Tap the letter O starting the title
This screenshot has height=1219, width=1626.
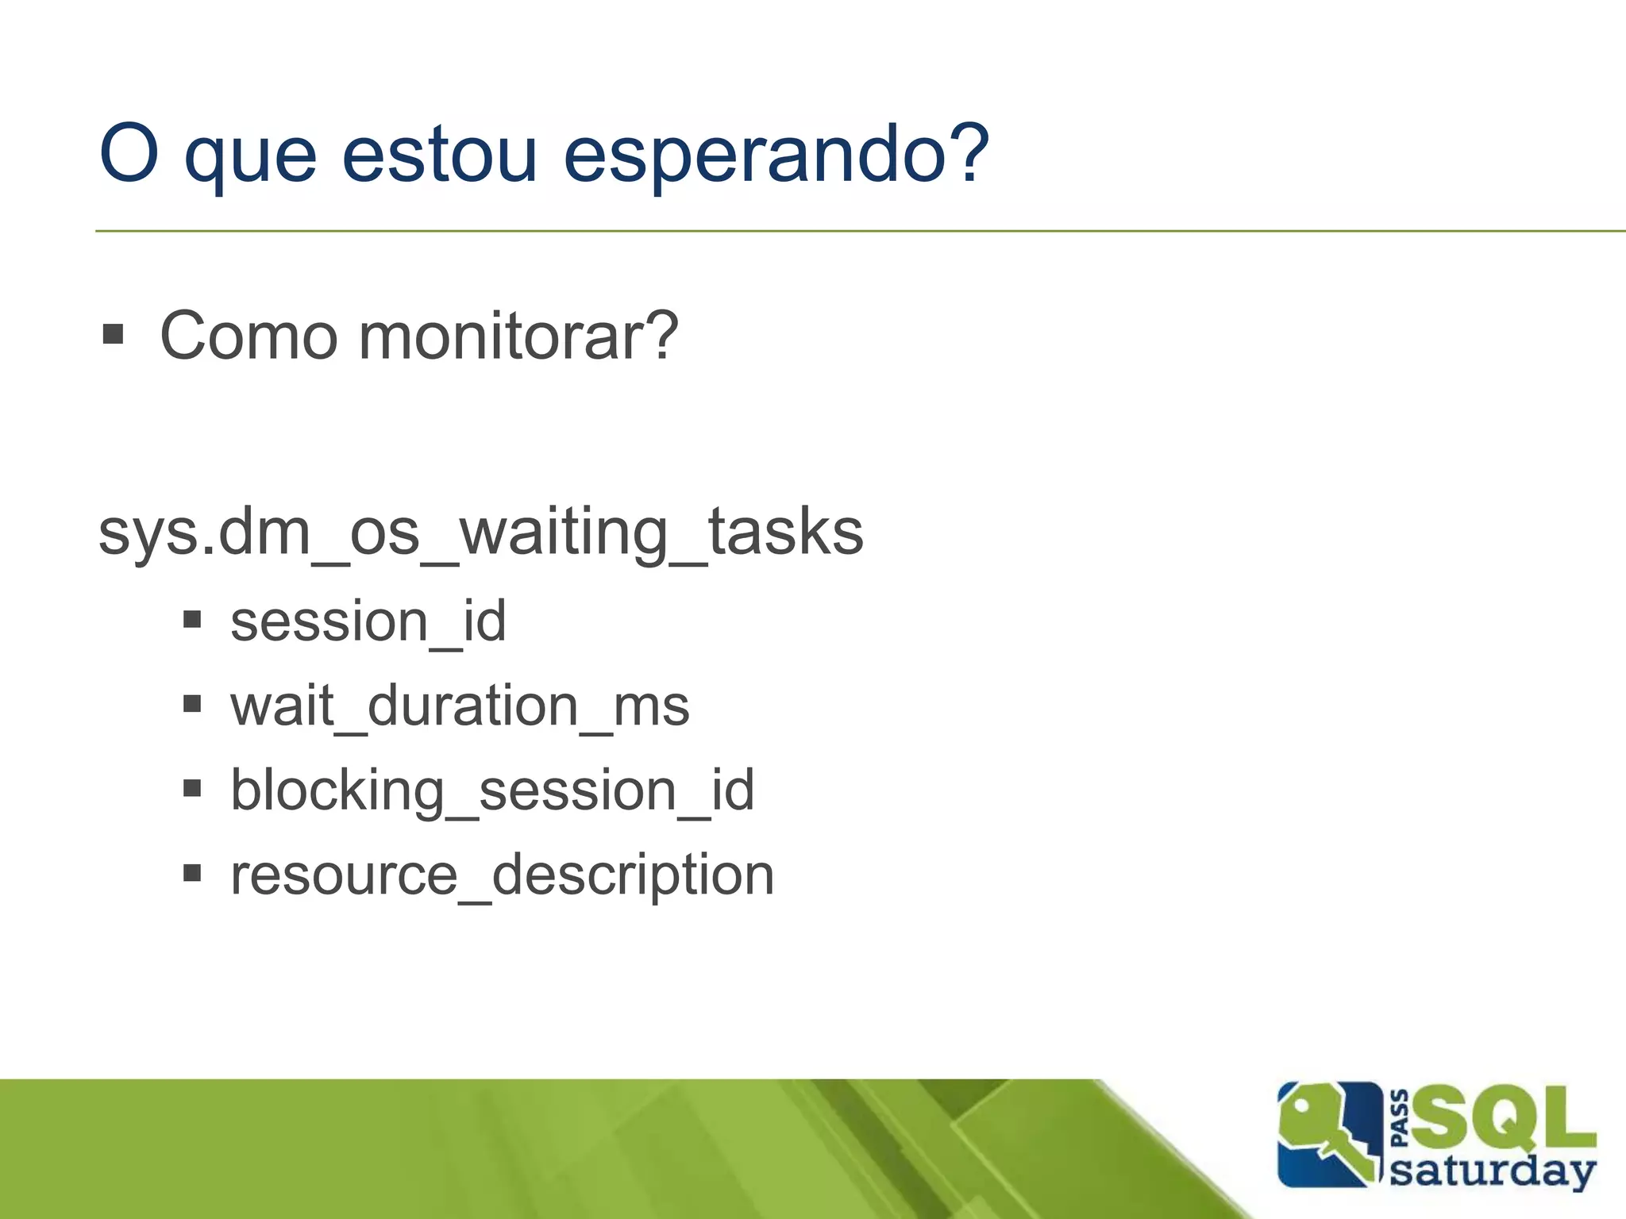tap(129, 153)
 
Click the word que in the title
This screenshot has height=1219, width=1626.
tap(250, 159)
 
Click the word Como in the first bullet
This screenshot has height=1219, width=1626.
tap(249, 336)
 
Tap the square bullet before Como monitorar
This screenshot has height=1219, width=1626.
tap(114, 334)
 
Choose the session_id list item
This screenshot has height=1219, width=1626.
tap(368, 621)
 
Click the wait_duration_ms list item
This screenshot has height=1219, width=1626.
tap(460, 706)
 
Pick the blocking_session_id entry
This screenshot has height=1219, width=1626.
tap(492, 791)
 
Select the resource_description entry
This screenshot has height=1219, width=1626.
tap(502, 876)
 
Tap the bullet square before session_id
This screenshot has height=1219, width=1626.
tap(192, 619)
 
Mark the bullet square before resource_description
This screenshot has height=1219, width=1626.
tap(192, 874)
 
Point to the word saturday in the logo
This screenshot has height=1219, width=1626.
tap(1493, 1171)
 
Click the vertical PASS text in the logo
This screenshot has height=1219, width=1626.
tap(1401, 1119)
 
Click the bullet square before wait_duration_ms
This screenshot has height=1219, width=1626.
tap(192, 704)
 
